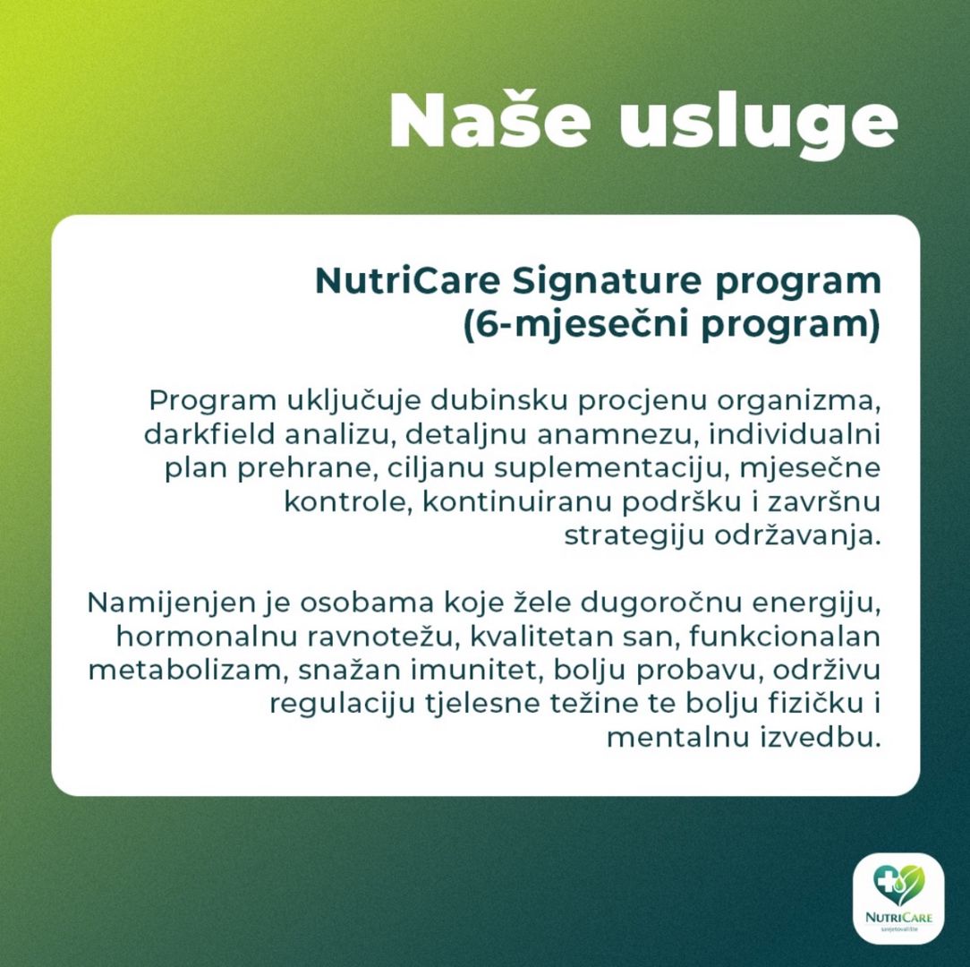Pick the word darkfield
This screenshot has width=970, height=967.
(208, 434)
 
